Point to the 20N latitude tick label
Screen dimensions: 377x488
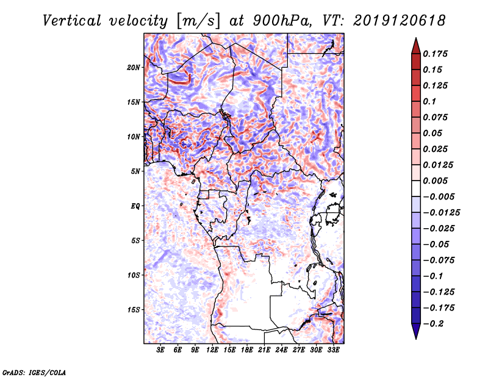tap(134, 67)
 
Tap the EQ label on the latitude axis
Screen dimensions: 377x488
tap(136, 206)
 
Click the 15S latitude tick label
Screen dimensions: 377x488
tap(134, 309)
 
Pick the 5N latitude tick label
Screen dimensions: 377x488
tap(135, 171)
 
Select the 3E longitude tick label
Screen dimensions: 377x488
tap(161, 351)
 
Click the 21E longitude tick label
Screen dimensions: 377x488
tap(265, 351)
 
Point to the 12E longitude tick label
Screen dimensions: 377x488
tap(213, 351)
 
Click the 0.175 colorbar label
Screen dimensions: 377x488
tap(436, 54)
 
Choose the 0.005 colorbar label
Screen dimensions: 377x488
tap(436, 181)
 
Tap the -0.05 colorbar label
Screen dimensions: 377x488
tap(438, 244)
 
